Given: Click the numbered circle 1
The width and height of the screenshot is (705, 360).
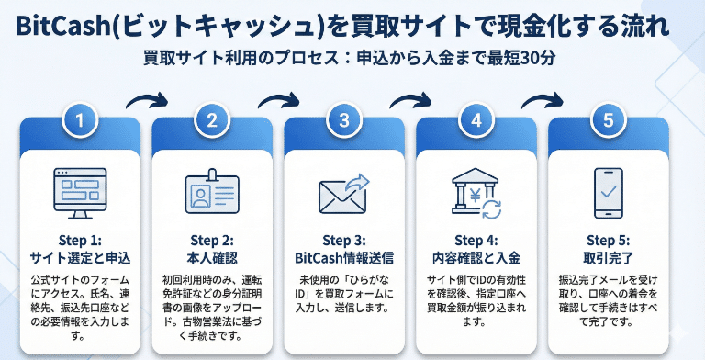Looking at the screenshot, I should (x=80, y=120).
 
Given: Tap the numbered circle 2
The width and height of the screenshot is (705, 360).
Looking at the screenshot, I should (x=212, y=120).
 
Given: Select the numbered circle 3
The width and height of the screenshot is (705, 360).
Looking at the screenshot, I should (x=344, y=120).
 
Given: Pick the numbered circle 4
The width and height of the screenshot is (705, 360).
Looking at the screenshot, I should (x=476, y=120).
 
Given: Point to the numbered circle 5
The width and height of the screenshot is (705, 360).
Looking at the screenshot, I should (x=609, y=120).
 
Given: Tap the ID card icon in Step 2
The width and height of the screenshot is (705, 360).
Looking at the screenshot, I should (x=212, y=194).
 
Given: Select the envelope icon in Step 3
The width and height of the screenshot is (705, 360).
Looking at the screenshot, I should (x=343, y=194).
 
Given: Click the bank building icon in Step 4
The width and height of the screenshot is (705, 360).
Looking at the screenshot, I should (x=476, y=193).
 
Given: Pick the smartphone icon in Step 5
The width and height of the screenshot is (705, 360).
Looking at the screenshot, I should (x=609, y=193).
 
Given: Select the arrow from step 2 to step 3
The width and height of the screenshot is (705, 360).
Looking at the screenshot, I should (x=278, y=99).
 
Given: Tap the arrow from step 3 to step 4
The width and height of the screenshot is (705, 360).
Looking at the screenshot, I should (x=410, y=99).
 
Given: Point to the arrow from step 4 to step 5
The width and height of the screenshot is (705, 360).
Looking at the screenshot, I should (x=543, y=99).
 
